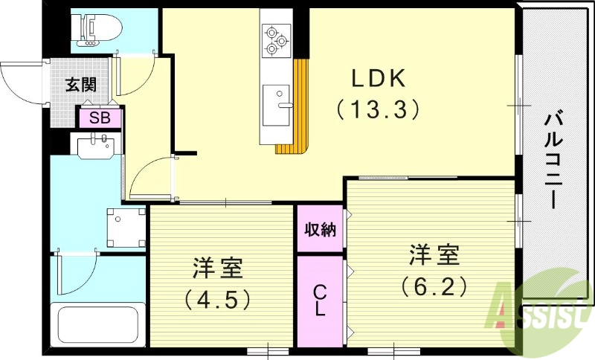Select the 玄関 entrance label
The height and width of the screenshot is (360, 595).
[x=80, y=84]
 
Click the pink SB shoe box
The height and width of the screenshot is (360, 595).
[x=99, y=118]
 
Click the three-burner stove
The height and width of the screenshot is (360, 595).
[x=277, y=40]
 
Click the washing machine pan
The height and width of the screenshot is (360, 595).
[x=126, y=228]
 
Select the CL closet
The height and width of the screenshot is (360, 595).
[x=320, y=300]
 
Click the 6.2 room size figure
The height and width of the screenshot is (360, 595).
[x=434, y=284]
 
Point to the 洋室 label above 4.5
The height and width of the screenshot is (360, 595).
[x=217, y=268]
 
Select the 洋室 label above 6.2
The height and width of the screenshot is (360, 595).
[x=434, y=254]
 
